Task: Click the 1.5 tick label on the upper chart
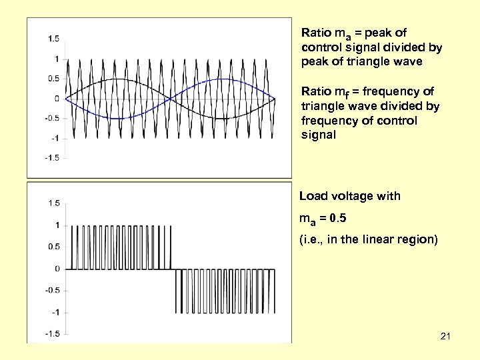click(x=53, y=38)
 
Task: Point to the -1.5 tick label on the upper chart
click(x=51, y=158)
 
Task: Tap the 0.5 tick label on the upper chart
click(x=53, y=78)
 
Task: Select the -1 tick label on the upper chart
click(x=55, y=138)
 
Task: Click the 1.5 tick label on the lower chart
click(x=53, y=203)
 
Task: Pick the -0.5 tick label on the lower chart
click(x=52, y=290)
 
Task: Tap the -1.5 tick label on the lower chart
click(x=52, y=333)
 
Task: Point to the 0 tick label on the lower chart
click(x=57, y=269)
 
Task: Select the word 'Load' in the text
click(x=313, y=196)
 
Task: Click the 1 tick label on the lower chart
click(x=57, y=225)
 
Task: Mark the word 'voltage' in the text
click(x=355, y=196)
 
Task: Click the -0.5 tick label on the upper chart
click(x=51, y=118)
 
